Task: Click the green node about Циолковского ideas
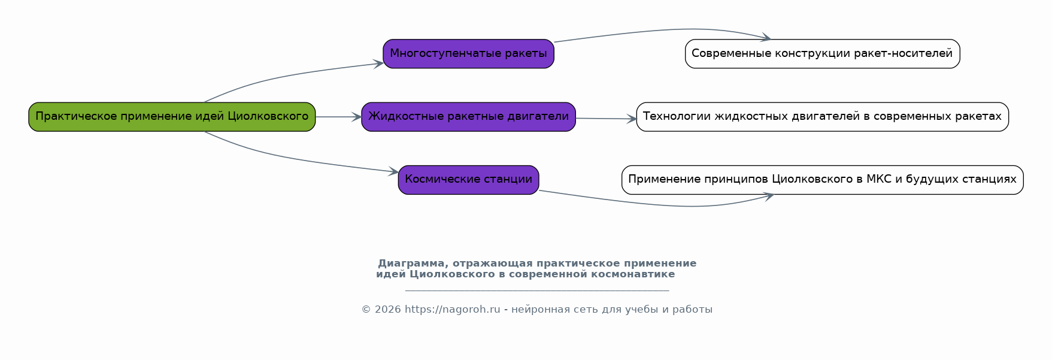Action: coord(172,117)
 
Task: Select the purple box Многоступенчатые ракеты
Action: coord(469,54)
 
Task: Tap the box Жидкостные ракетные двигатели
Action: coord(469,117)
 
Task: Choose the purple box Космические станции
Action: coord(469,180)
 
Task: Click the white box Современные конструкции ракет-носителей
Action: coord(823,54)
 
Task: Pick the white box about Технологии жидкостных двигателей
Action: coord(823,117)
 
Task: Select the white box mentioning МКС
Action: coord(823,180)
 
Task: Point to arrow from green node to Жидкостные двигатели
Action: coord(338,117)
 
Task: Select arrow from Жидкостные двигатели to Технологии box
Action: coord(606,119)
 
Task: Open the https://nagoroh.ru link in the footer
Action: coord(452,310)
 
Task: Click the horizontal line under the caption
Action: coord(537,291)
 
